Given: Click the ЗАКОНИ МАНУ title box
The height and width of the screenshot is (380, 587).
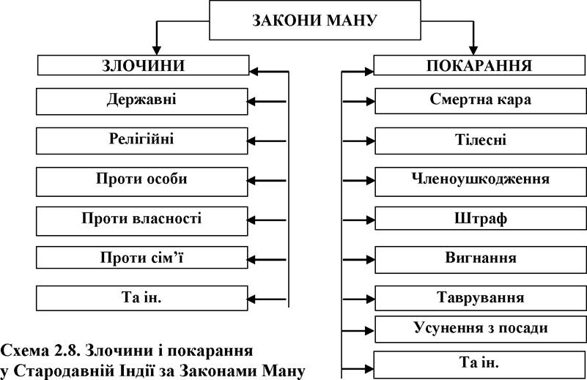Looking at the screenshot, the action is tap(314, 21).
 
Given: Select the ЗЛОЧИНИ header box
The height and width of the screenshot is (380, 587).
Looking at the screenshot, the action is tap(143, 65).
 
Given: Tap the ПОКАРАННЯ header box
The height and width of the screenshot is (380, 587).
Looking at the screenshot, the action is tap(479, 65).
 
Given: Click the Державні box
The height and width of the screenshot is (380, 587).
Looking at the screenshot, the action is tap(142, 101).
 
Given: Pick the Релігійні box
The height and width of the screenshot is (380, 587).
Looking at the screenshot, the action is tap(142, 141).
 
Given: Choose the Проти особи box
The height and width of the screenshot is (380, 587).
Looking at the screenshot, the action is tap(142, 182).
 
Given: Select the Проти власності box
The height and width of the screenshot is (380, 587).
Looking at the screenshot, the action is tap(142, 221).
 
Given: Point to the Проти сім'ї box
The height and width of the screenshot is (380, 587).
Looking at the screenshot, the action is tap(142, 257).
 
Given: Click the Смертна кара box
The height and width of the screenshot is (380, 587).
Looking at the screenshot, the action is tap(481, 101).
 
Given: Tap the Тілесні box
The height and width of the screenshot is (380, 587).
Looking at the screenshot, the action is tap(481, 141).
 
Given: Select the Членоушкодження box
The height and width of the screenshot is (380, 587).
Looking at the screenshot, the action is tap(481, 182).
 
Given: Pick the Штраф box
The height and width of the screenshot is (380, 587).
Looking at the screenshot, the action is tap(481, 218).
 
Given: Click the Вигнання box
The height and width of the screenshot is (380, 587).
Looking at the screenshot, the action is tap(481, 260).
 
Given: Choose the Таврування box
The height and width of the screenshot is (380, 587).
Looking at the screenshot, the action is tap(481, 298).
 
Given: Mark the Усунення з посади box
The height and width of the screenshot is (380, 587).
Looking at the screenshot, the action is tap(481, 329).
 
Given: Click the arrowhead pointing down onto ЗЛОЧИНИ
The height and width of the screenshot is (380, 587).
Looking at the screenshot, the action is tap(157, 51).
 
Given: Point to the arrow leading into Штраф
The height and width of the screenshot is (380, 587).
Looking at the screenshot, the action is tap(358, 220).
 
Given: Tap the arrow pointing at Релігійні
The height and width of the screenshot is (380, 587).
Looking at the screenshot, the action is tap(266, 141).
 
